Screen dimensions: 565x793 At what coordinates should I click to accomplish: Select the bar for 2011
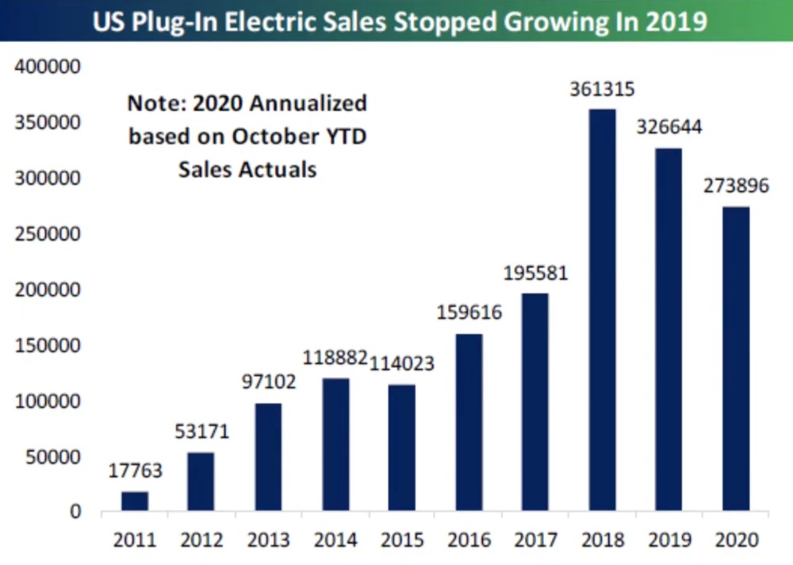pos(134,501)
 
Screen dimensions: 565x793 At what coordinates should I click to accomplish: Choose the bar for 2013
pos(268,457)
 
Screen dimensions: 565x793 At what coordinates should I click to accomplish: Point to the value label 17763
pos(134,471)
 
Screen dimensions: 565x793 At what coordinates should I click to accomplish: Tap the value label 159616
pos(469,313)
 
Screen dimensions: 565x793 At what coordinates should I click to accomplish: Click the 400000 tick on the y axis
pos(48,67)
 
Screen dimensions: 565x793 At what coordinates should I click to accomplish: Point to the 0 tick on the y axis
pos(75,512)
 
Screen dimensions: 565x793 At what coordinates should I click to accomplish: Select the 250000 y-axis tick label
pos(48,234)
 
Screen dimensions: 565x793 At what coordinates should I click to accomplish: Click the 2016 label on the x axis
pos(469,541)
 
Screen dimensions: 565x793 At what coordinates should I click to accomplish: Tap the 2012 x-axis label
pos(201,541)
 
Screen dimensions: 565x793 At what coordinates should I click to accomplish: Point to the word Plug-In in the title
pos(189,21)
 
